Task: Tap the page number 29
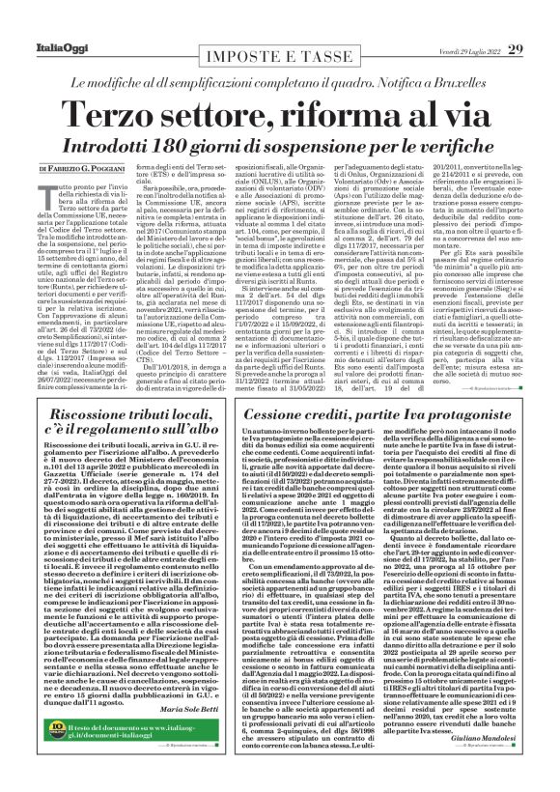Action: pos(542,21)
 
